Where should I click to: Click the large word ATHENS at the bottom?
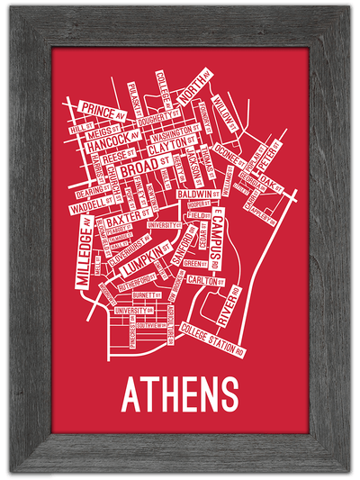coord(180,394)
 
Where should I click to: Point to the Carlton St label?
coord(204,281)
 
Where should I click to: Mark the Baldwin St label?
coord(200,195)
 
